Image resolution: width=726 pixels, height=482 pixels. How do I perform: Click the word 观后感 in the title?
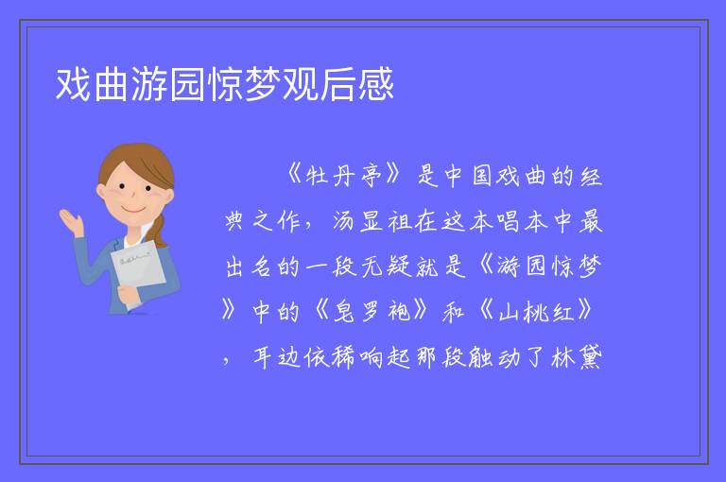338,84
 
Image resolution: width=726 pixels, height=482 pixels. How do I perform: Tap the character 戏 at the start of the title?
73,84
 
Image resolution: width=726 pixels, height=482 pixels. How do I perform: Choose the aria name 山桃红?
536,311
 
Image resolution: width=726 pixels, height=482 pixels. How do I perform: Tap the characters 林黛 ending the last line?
577,356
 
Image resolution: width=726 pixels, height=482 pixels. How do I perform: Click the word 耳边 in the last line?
277,356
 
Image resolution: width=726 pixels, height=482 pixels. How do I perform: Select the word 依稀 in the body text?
330,356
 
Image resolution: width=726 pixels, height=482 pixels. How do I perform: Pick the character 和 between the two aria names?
454,311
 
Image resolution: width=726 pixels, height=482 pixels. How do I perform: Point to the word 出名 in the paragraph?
249,267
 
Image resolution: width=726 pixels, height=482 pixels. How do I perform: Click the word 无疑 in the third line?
386,267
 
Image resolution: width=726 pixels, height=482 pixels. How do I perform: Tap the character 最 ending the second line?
591,221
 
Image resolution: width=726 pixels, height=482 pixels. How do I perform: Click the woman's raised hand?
72,221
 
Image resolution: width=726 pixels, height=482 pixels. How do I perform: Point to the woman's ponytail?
159,230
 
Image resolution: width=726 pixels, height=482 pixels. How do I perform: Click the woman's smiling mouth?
133,210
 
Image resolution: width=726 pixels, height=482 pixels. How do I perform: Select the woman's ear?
101,192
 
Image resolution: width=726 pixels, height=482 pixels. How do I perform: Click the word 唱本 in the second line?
522,221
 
